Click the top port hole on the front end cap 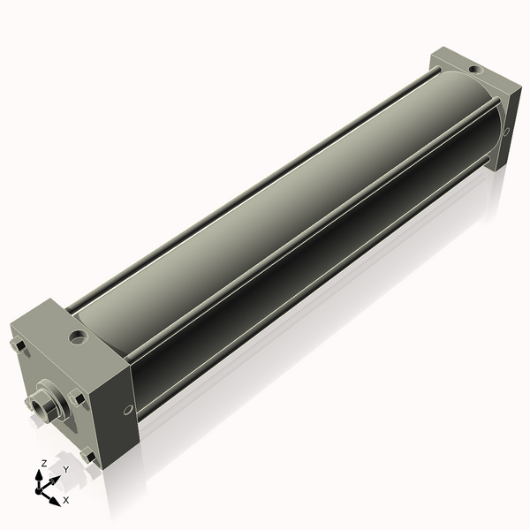tap(79, 336)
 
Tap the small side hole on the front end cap tap(128, 408)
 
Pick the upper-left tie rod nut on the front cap tap(17, 345)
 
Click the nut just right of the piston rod tap(78, 397)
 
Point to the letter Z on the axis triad tap(43, 463)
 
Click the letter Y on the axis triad tap(66, 469)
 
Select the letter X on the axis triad tap(65, 500)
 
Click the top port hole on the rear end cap tap(474, 69)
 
